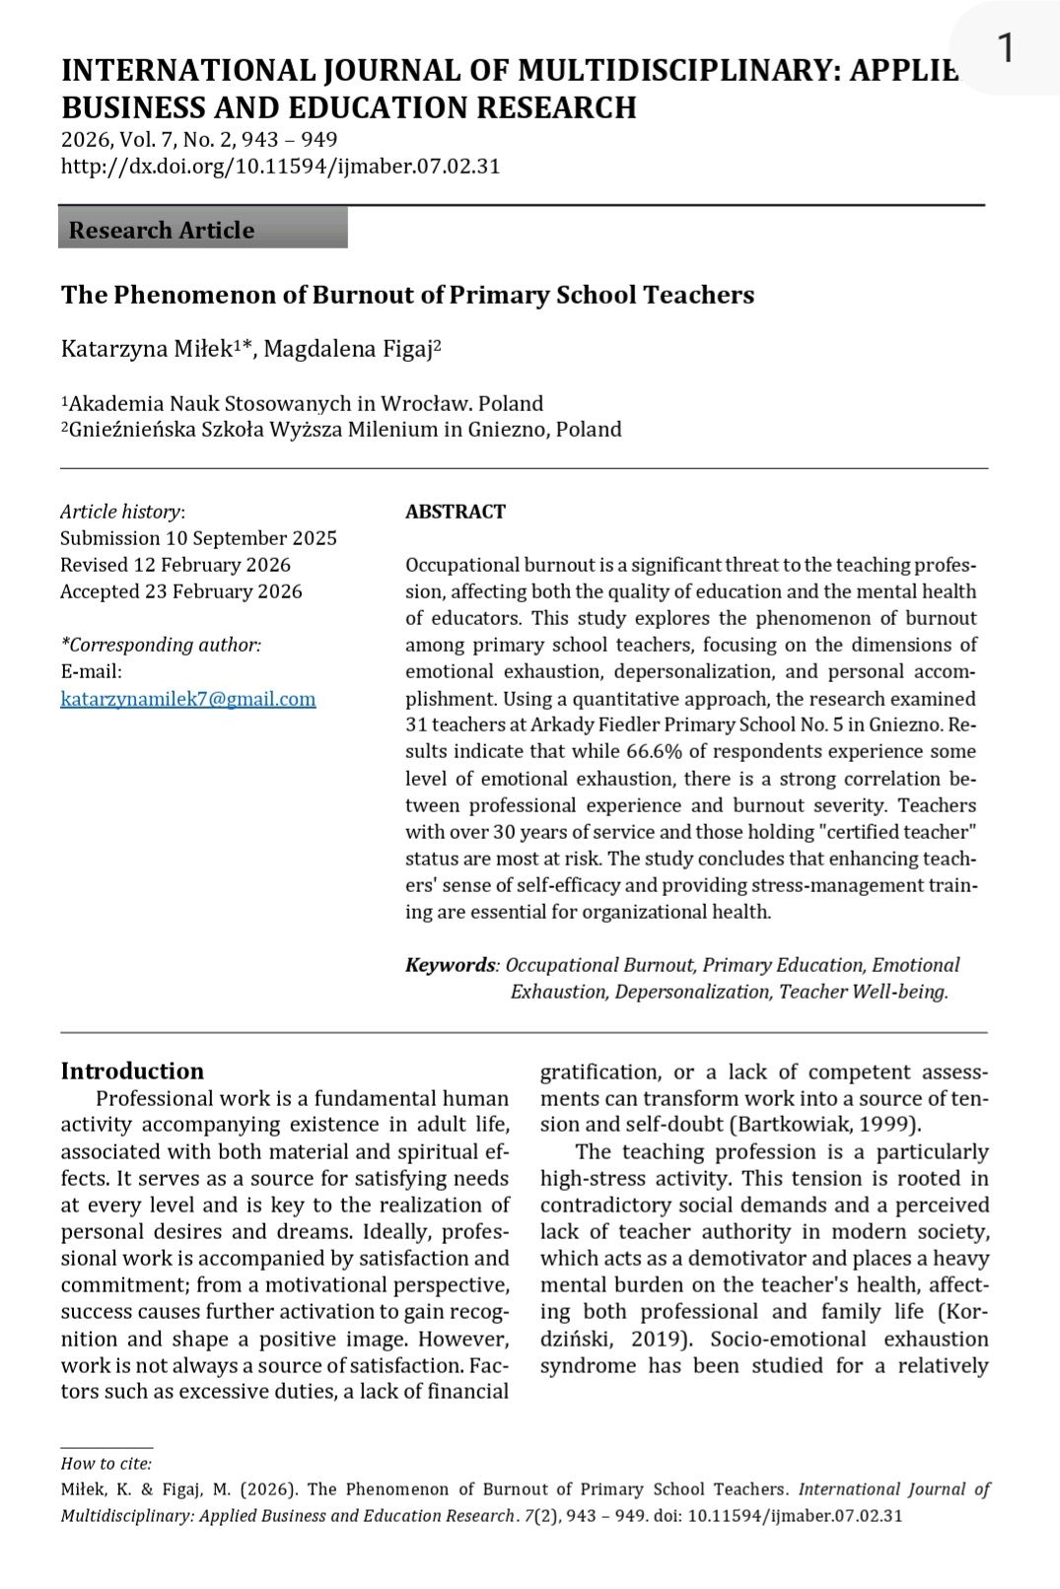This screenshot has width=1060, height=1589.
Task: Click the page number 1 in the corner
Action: (1006, 47)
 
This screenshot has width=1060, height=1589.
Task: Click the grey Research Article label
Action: (162, 230)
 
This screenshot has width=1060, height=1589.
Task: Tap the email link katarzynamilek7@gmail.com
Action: (188, 699)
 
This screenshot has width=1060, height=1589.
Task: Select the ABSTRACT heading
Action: (456, 512)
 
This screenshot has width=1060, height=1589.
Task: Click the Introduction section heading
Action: (132, 1071)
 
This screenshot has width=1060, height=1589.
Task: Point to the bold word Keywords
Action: (450, 965)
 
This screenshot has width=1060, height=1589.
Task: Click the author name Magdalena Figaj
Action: (348, 349)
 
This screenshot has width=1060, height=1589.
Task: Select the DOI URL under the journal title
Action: (280, 166)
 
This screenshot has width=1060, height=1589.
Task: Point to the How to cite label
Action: (106, 1464)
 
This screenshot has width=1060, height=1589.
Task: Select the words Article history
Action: (120, 512)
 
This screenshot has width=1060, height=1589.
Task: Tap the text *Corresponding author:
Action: (161, 645)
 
